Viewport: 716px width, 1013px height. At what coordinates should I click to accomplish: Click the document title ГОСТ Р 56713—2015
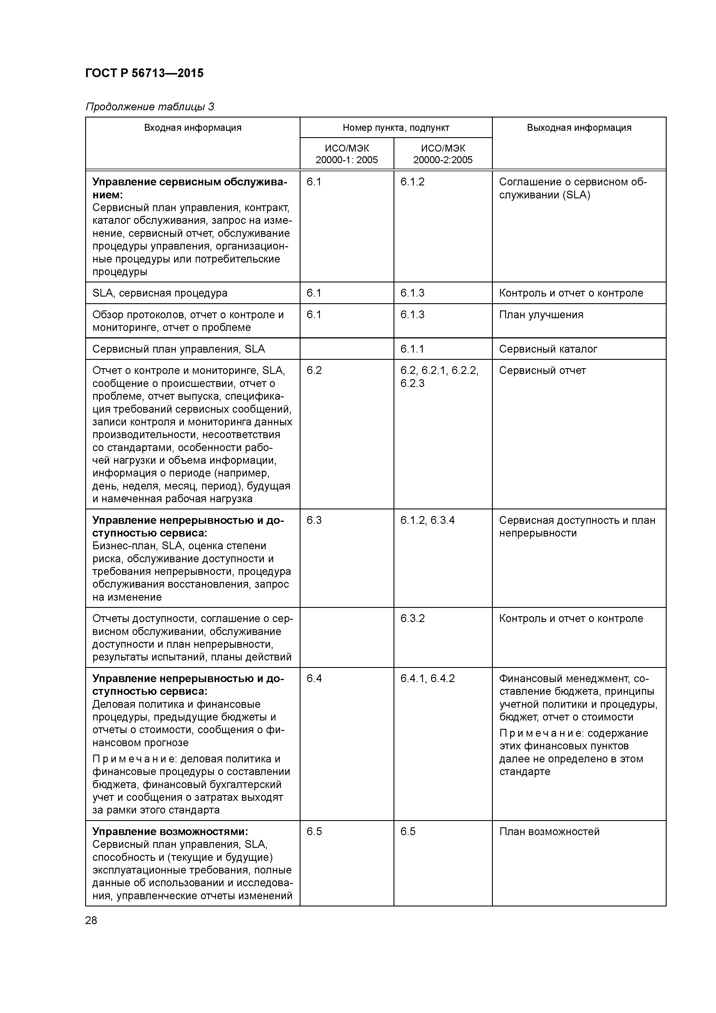[x=144, y=73]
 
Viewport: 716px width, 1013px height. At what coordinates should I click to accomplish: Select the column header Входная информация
[x=193, y=128]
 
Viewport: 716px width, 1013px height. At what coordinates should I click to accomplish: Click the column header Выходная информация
[x=579, y=128]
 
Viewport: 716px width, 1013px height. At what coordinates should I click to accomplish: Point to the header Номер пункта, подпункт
[x=396, y=128]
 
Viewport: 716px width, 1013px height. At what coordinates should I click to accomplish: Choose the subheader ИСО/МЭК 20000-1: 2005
[x=346, y=154]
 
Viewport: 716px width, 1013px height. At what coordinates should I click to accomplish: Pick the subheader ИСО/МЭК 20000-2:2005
[x=443, y=154]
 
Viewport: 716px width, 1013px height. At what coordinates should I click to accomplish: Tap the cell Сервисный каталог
[x=548, y=349]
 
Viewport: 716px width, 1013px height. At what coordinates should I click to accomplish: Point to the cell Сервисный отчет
[x=542, y=370]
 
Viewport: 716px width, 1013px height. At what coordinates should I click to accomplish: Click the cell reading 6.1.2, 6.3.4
[x=427, y=521]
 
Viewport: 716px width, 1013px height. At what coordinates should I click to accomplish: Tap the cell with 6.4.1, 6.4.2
[x=427, y=679]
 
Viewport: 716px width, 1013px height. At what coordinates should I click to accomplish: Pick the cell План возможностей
[x=549, y=832]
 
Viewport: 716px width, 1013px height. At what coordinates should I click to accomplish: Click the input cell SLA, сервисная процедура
[x=160, y=293]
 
